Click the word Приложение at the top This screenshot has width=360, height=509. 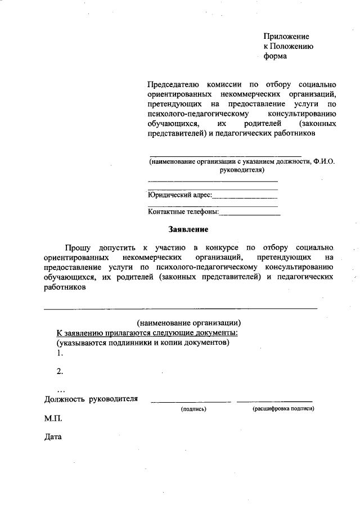(286, 36)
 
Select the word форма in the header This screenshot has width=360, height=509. (275, 56)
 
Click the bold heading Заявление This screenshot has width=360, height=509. (188, 229)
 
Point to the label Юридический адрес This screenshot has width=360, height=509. (179, 195)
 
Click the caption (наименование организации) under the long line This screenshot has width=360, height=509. (189, 323)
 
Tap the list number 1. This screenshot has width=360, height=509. (59, 353)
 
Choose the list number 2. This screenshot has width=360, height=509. (59, 371)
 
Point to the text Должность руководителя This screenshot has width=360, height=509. (91, 399)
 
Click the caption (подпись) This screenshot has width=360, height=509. (193, 409)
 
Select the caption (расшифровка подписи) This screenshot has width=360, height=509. (283, 409)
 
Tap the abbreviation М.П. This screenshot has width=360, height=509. (53, 419)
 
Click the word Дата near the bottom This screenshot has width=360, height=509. (53, 437)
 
